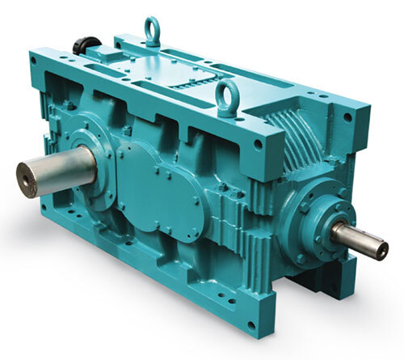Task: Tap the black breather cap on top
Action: click(86, 44)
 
